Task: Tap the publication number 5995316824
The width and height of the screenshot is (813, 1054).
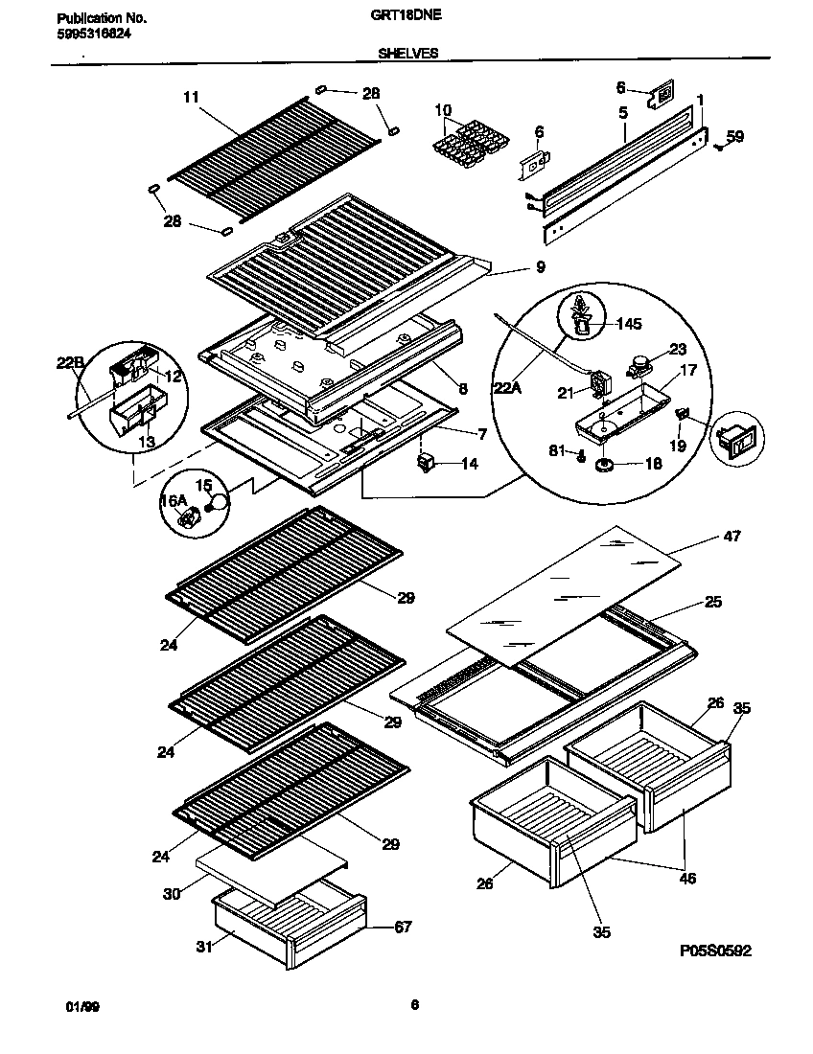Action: tap(88, 33)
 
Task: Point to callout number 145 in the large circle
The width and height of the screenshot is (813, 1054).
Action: tap(630, 324)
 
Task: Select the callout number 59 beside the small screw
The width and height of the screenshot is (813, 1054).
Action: tap(734, 138)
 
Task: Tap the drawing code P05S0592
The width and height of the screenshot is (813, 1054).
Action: tap(714, 951)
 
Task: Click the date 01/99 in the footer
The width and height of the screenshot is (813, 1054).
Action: tap(80, 1007)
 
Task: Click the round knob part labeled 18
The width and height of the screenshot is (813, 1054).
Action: tap(605, 465)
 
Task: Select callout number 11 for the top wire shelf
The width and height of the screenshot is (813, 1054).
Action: tap(190, 97)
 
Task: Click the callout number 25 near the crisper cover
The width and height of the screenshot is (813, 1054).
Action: tap(712, 602)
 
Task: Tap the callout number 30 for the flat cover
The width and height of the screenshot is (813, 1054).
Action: tap(172, 893)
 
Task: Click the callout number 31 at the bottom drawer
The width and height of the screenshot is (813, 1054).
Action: tap(203, 948)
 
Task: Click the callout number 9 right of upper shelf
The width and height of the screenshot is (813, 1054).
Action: tap(541, 268)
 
